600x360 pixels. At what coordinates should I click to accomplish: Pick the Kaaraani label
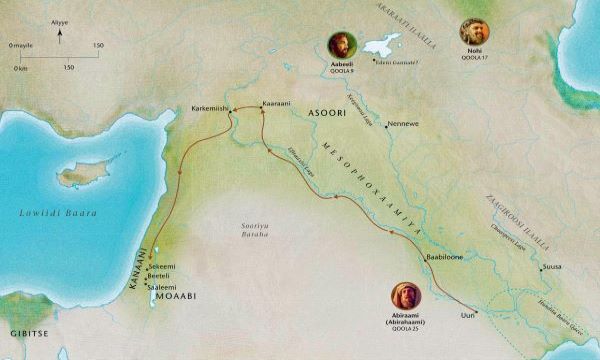coord(274,103)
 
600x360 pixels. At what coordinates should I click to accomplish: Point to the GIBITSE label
coord(22,329)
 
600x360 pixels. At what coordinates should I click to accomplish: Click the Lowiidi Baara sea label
coord(57,213)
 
